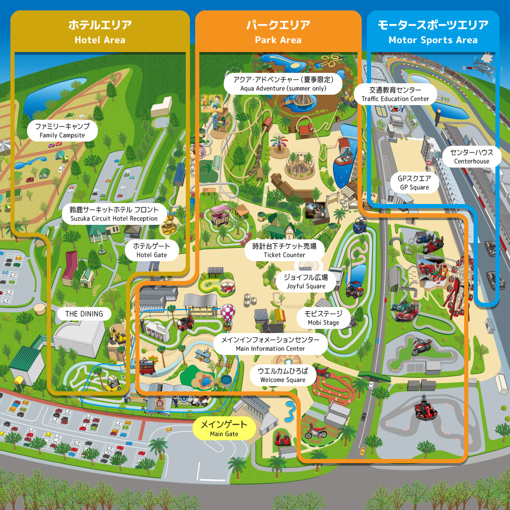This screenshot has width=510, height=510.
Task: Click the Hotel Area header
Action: [100, 31]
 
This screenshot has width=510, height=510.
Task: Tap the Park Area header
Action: [278, 31]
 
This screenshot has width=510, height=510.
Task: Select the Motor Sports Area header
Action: [433, 31]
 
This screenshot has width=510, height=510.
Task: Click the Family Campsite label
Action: [62, 131]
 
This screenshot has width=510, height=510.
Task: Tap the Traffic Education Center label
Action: [396, 94]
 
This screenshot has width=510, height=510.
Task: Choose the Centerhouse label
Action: [471, 156]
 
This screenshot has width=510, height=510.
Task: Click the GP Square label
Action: [414, 183]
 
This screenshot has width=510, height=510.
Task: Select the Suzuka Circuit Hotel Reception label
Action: [114, 213]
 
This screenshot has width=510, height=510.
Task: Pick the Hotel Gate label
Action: [152, 250]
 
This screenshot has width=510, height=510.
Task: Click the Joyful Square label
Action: [306, 282]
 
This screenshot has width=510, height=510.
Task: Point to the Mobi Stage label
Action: [323, 318]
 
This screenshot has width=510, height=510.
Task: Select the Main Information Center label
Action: [270, 344]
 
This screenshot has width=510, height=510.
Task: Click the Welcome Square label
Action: [283, 375]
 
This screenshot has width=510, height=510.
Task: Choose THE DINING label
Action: [84, 314]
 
